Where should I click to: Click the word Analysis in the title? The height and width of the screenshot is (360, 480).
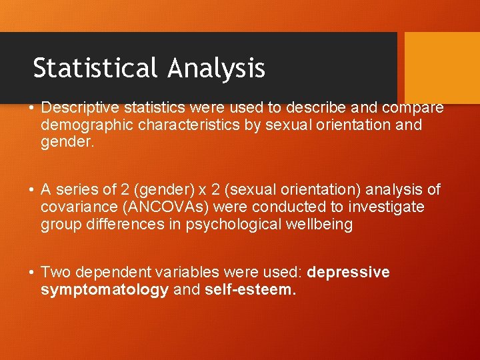pyautogui.click(x=217, y=68)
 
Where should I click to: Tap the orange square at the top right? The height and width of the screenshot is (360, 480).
pyautogui.click(x=442, y=67)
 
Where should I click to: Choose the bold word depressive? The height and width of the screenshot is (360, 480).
pyautogui.click(x=349, y=273)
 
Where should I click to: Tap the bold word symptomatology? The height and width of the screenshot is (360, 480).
pyautogui.click(x=105, y=290)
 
